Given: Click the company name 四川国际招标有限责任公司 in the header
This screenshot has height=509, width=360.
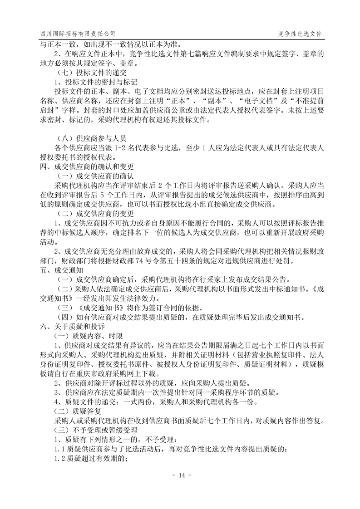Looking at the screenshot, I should coord(77,34).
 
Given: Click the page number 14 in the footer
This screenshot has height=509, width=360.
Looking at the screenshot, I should coord(180,475).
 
